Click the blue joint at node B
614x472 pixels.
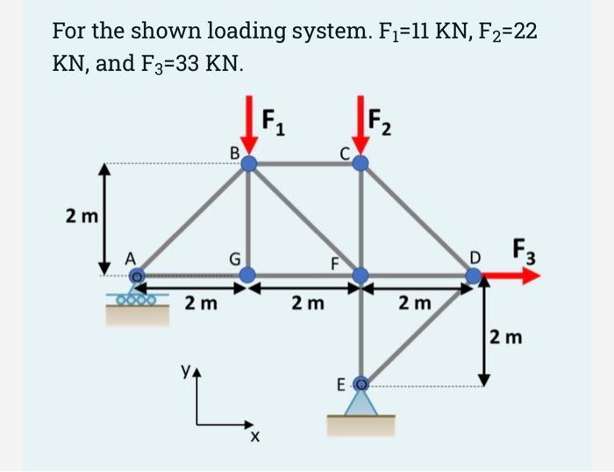coord(249,163)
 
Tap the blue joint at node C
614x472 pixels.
coord(361,163)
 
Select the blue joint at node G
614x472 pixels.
coord(249,275)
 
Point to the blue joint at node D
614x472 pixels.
coord(474,275)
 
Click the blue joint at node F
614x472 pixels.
coord(361,275)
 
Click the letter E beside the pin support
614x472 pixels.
coord(342,384)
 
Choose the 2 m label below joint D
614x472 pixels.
coord(507,336)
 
